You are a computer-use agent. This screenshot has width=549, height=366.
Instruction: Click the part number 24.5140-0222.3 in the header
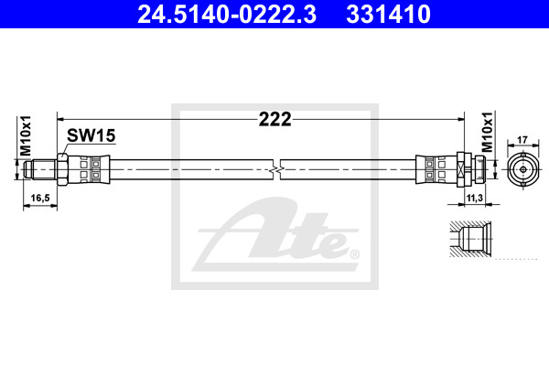click(x=227, y=15)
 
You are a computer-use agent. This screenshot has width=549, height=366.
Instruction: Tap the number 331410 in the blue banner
click(x=388, y=15)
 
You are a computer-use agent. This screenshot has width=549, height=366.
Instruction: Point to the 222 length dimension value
click(x=274, y=120)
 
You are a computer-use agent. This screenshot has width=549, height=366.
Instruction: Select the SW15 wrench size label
click(x=91, y=135)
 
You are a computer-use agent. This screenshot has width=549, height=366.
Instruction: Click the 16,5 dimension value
click(x=40, y=199)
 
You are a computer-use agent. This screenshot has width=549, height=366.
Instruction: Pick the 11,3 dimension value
click(x=474, y=199)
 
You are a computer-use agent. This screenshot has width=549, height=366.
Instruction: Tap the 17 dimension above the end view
click(x=522, y=140)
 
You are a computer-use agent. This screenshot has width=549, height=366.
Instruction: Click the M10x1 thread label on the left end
click(x=26, y=136)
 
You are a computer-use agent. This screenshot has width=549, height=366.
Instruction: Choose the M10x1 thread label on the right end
click(x=487, y=132)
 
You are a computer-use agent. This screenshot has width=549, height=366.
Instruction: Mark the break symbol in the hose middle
click(x=276, y=170)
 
